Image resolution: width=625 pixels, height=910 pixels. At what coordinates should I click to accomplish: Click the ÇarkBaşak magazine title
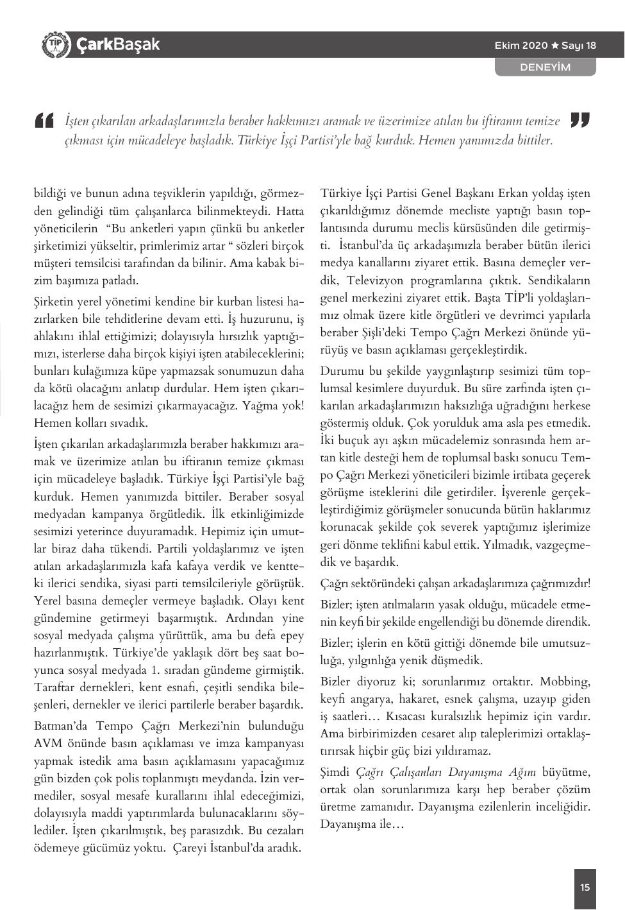[117, 45]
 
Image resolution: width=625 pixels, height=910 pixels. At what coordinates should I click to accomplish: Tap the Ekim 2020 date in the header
[521, 46]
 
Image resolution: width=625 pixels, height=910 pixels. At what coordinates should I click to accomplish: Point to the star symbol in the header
[555, 46]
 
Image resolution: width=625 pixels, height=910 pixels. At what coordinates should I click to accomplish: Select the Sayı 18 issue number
[579, 46]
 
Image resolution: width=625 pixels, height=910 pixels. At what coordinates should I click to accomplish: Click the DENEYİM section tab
[545, 67]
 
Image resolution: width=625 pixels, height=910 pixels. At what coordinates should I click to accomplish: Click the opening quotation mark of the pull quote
[44, 121]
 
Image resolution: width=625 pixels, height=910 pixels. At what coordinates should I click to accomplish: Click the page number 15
[585, 888]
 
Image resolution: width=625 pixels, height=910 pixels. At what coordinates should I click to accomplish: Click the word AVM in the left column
[48, 744]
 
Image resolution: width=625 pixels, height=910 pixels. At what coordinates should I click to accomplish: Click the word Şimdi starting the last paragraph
[335, 771]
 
